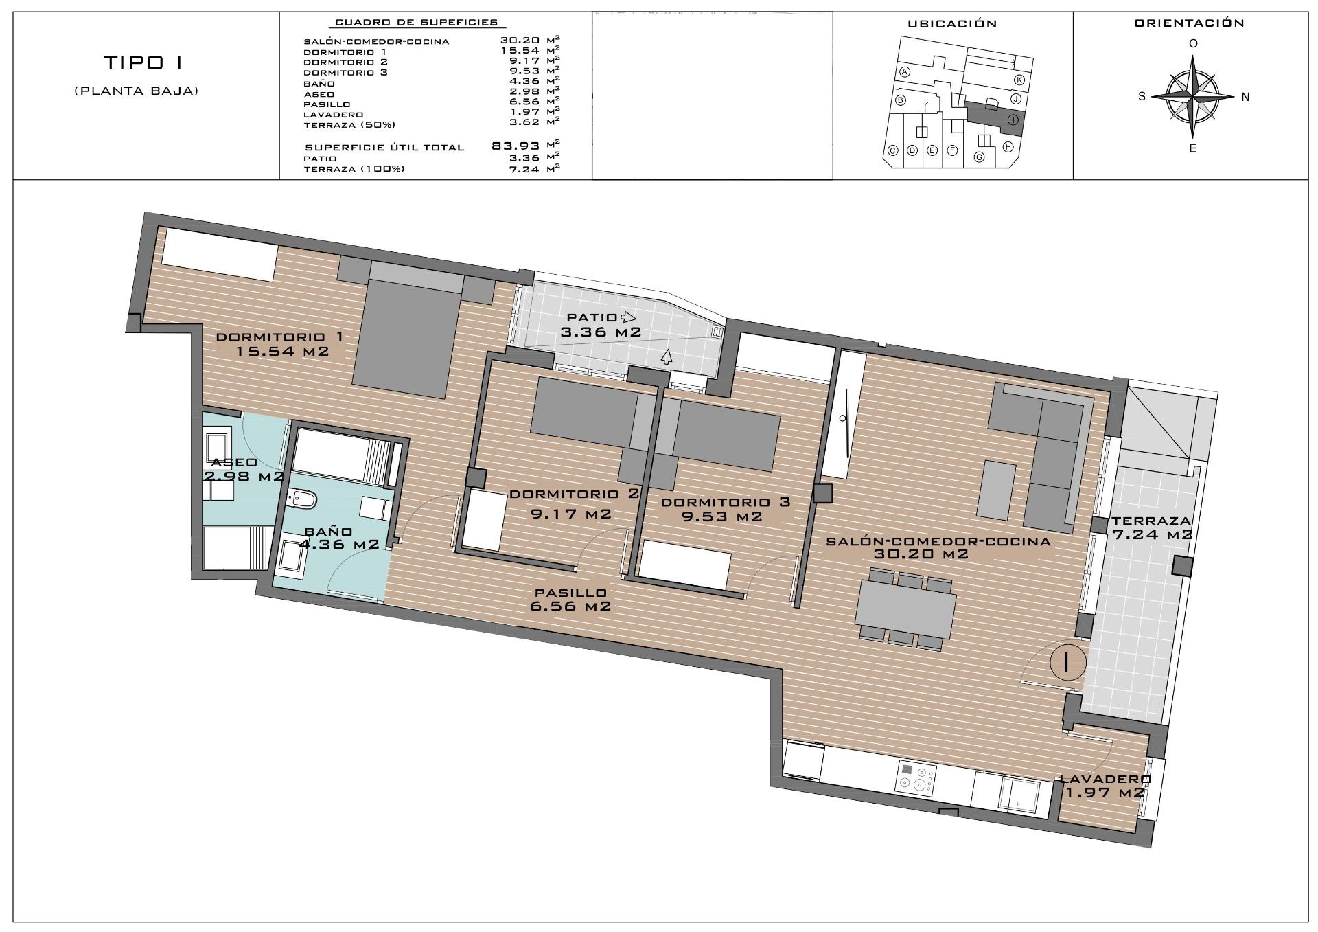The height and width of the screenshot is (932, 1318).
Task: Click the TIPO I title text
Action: (143, 62)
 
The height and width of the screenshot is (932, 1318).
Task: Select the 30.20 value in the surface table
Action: (518, 41)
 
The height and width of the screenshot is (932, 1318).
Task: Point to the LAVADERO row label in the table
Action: (334, 115)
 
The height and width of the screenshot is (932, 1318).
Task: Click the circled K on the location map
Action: (1019, 80)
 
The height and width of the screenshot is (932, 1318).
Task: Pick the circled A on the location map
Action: (905, 72)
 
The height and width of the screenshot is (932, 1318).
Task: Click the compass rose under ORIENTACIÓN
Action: (1193, 96)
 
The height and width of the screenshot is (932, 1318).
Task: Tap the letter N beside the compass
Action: (1245, 97)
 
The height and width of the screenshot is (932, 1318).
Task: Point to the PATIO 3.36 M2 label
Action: (601, 325)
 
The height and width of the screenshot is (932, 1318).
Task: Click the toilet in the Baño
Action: (300, 499)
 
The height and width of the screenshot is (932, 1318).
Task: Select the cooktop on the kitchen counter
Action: (916, 777)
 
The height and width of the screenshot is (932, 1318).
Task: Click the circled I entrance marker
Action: (1067, 662)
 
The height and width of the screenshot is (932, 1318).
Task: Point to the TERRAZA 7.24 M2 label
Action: (1151, 527)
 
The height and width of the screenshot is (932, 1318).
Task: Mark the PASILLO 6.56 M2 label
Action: (570, 600)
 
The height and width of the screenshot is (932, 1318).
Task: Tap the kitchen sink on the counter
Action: (1018, 795)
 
